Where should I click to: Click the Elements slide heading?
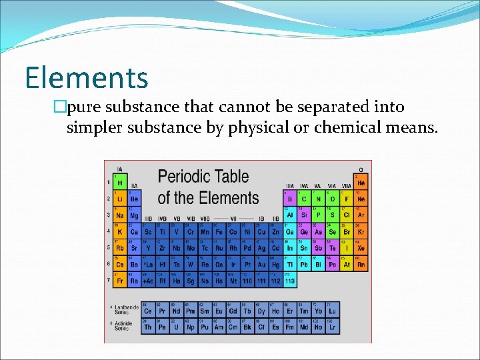click(87, 77)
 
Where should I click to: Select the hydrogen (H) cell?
click(120, 182)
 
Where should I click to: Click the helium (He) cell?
click(361, 182)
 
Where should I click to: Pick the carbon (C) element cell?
click(303, 199)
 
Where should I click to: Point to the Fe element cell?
click(219, 231)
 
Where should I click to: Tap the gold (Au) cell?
click(261, 264)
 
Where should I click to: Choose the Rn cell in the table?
click(361, 264)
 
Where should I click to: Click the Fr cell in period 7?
click(120, 281)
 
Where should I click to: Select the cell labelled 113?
click(289, 281)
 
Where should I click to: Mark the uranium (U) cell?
click(176, 327)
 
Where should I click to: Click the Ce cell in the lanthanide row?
click(147, 311)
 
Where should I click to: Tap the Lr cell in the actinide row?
click(332, 327)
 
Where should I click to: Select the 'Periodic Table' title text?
click(203, 177)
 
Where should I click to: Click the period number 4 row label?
click(109, 231)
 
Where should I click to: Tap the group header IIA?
click(134, 186)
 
